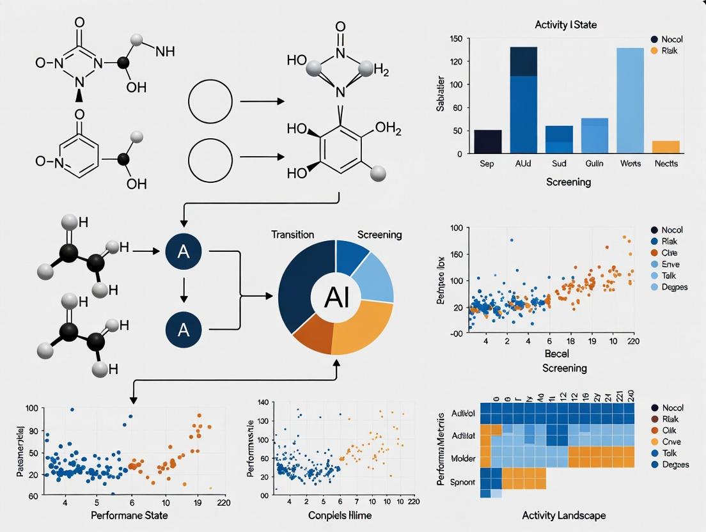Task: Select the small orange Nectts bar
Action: [x=666, y=146]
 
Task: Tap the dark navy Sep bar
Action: [x=487, y=141]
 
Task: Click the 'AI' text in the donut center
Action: [x=337, y=298]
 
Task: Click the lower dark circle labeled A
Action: [x=184, y=329]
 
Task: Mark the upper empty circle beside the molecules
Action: [x=210, y=102]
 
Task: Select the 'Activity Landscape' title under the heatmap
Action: [x=563, y=515]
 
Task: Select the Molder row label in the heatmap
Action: [x=462, y=458]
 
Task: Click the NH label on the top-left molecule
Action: [x=164, y=52]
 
